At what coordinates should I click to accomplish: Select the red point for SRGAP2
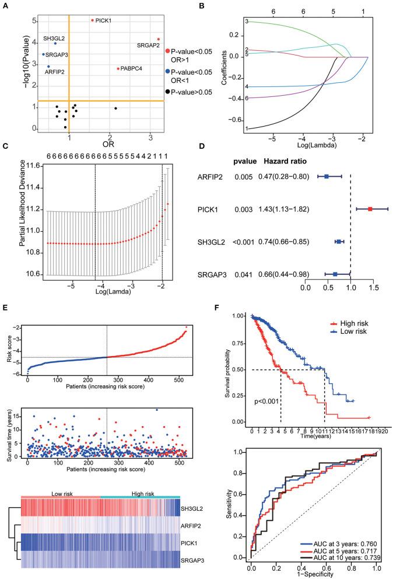click(159, 39)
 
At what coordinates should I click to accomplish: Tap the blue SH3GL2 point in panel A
click(55, 43)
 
